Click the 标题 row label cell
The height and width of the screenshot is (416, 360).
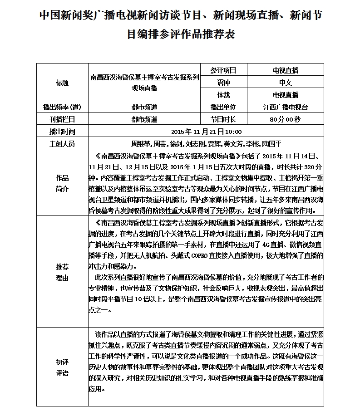click(x=62, y=83)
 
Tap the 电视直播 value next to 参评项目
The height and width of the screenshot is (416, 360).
click(x=286, y=70)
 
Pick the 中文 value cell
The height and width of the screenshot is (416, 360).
click(x=286, y=83)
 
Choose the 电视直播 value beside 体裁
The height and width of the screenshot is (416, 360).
click(x=286, y=95)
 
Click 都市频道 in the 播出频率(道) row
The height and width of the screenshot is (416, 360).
click(x=144, y=108)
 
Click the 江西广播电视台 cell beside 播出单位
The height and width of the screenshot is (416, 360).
click(x=286, y=108)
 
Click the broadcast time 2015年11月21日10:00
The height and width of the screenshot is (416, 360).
click(x=207, y=132)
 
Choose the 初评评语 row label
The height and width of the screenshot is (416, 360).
click(x=62, y=367)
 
